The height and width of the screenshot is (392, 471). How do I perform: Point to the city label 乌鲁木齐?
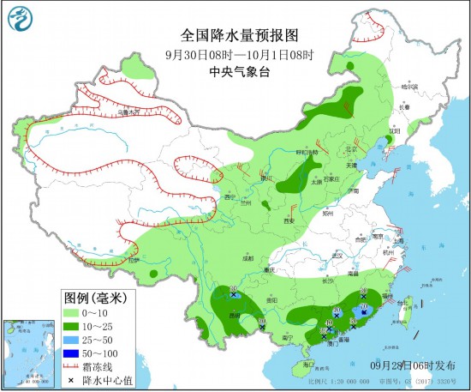pyautogui.click(x=128, y=112)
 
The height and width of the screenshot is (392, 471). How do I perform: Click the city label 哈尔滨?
pyautogui.click(x=412, y=86)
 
